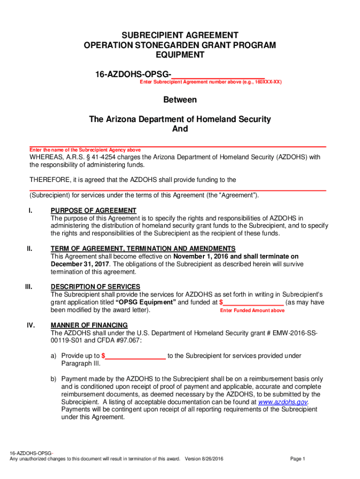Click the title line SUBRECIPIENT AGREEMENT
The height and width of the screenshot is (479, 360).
click(x=180, y=36)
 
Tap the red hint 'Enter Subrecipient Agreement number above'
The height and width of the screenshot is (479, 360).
click(x=210, y=82)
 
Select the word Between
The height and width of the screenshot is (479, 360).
click(x=180, y=100)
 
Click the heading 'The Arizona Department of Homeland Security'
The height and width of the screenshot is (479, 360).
click(x=180, y=119)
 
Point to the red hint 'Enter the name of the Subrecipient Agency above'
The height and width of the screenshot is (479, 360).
click(x=85, y=150)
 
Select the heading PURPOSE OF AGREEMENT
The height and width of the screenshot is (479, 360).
click(x=94, y=210)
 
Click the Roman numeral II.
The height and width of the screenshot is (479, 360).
click(x=29, y=249)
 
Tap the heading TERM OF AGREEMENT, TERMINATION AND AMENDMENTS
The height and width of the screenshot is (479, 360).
click(x=143, y=248)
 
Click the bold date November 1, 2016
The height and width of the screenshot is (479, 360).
click(x=201, y=256)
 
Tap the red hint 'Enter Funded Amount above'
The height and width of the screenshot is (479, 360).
click(x=252, y=311)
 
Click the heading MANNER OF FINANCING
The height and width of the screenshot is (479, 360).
click(x=89, y=325)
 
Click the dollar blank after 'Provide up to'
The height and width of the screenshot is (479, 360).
click(x=134, y=356)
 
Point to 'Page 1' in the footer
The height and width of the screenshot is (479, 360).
click(x=297, y=459)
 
